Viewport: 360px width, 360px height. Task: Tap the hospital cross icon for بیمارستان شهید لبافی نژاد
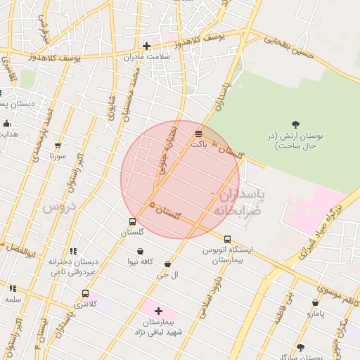158,311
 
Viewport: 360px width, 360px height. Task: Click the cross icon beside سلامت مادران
146,46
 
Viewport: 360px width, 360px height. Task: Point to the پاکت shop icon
199,132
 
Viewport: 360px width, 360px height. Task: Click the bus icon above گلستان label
133,222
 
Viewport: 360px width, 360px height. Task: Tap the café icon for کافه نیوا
141,251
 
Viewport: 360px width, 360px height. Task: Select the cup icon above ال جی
167,264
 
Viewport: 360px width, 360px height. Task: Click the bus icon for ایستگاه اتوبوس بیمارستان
227,239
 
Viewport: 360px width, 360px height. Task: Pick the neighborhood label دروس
57,207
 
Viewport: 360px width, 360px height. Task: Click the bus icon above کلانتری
85,294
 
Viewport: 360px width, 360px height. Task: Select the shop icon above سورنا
58,146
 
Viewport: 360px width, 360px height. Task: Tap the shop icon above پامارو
315,303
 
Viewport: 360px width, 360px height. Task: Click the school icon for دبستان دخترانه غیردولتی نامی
72,251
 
